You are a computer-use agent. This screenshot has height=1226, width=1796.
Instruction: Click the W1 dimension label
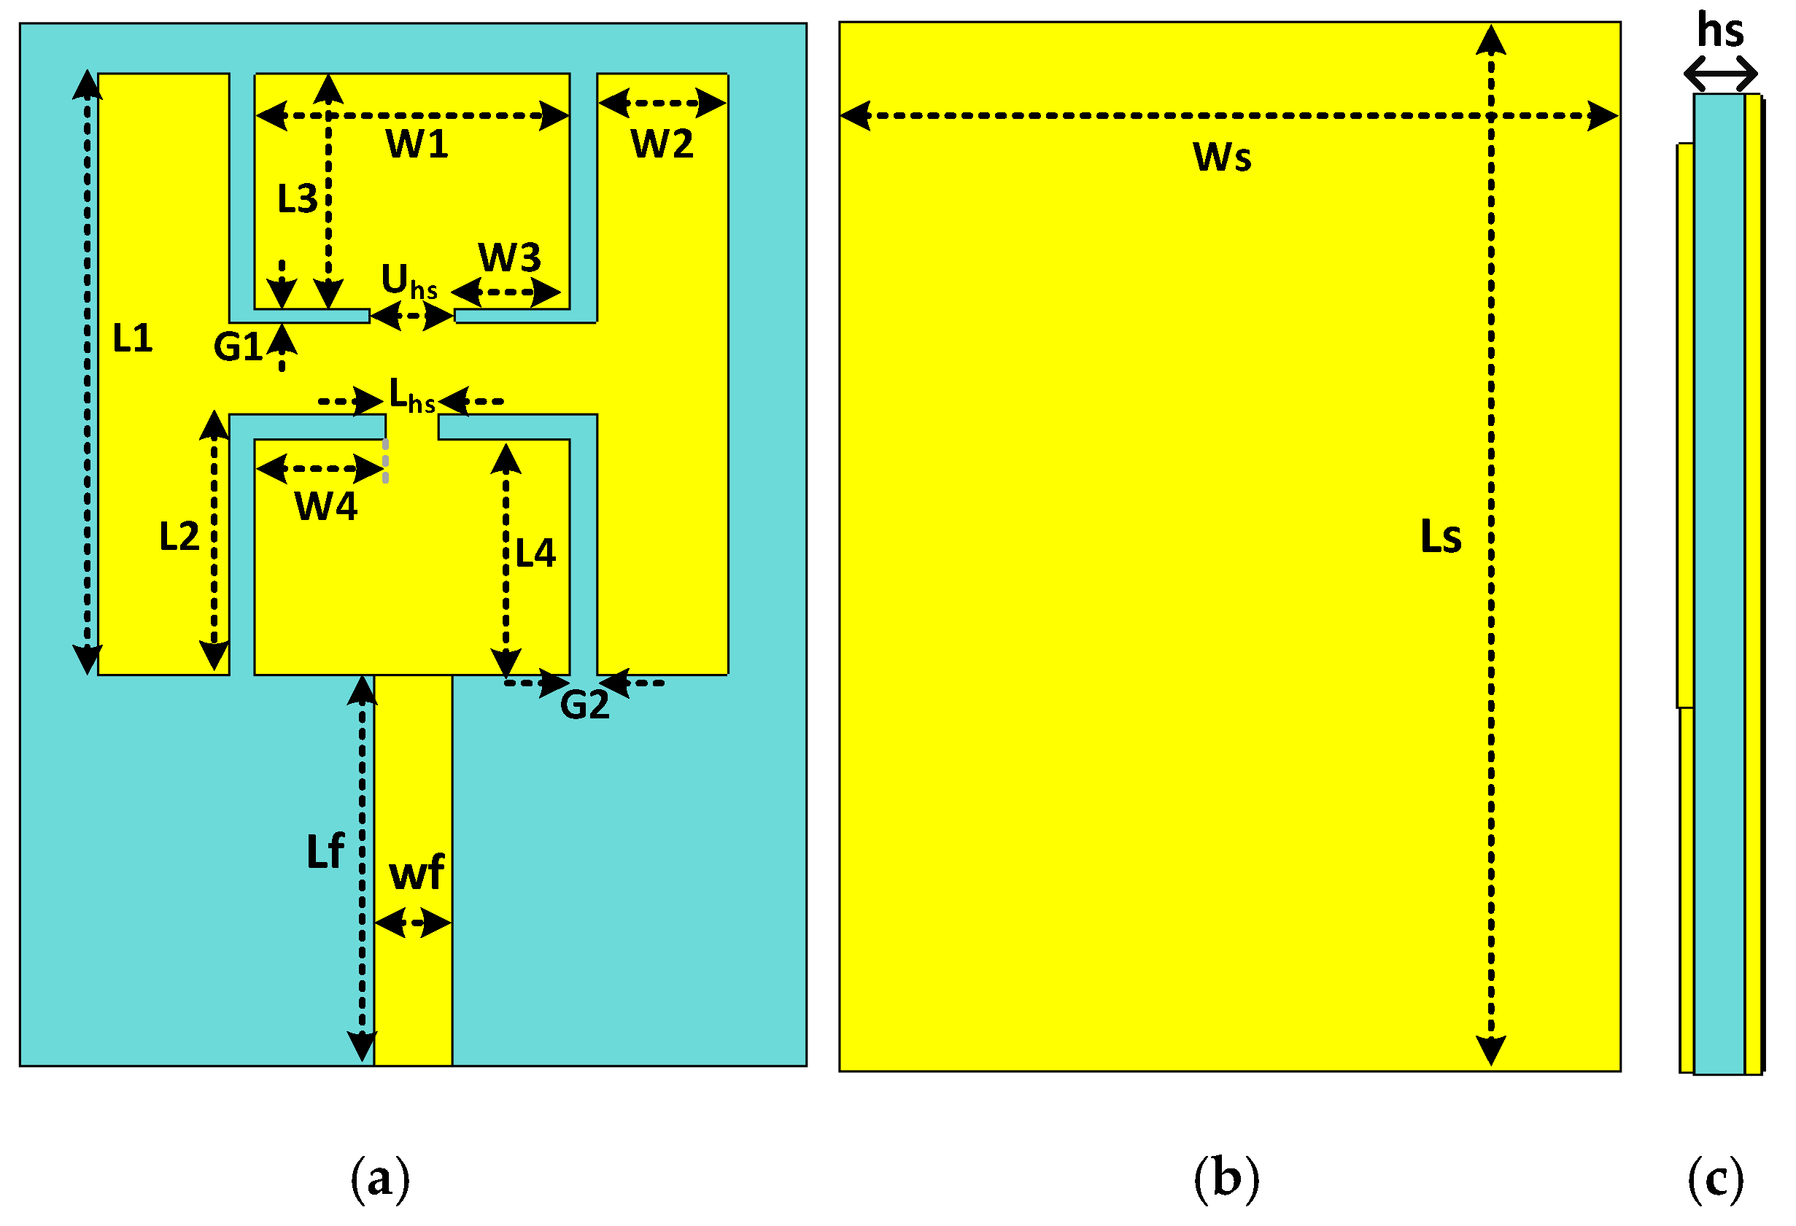[417, 144]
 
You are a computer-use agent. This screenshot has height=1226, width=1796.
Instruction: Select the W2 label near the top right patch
[662, 144]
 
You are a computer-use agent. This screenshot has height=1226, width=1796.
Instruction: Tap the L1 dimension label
[132, 338]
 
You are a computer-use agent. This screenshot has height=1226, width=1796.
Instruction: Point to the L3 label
[298, 199]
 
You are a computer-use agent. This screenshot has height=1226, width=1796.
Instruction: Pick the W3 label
[509, 258]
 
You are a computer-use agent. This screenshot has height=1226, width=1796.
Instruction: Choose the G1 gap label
[238, 348]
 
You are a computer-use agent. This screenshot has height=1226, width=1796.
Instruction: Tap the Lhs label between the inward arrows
[412, 396]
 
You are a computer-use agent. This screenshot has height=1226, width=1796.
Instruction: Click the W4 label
[326, 508]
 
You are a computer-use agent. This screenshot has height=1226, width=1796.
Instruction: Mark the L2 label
[179, 537]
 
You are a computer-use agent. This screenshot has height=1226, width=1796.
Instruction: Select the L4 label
[535, 554]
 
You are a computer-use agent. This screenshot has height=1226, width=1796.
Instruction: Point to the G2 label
[585, 706]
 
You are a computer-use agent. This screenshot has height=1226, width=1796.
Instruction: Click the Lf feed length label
[325, 853]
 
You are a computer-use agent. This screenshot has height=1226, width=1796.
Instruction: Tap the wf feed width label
[417, 874]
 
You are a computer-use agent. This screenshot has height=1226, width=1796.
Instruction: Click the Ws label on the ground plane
[1222, 158]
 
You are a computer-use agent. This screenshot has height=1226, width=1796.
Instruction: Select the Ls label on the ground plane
[1441, 537]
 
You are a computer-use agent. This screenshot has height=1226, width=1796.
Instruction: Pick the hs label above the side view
[1720, 31]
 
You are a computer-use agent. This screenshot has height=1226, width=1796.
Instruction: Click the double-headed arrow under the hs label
[1721, 75]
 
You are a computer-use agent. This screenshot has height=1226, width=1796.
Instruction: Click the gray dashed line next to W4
[386, 461]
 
